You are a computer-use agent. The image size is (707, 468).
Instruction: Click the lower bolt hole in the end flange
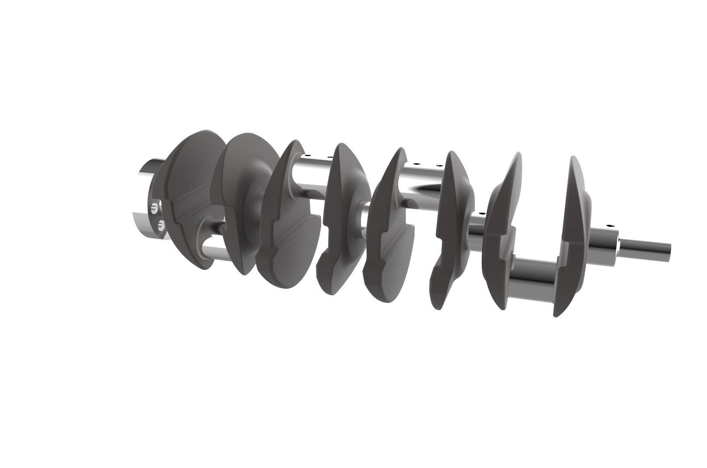[161, 224]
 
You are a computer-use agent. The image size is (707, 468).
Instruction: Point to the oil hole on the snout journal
[611, 226]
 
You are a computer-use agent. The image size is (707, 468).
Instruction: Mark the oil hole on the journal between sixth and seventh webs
[481, 213]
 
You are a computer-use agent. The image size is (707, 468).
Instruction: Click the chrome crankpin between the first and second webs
[212, 251]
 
